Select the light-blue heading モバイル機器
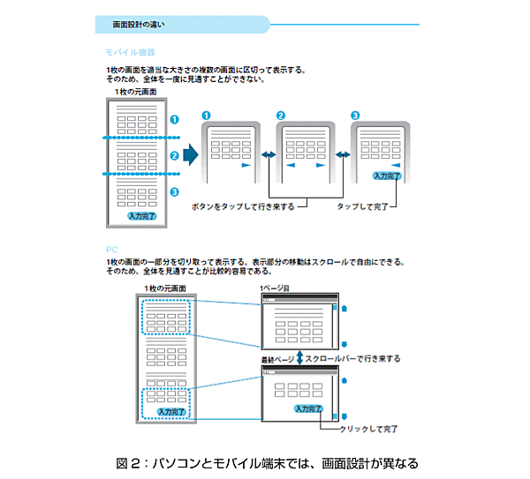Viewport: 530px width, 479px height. pyautogui.click(x=124, y=53)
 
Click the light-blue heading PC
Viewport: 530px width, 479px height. pyautogui.click(x=110, y=250)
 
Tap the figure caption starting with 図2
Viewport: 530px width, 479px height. pyautogui.click(x=266, y=462)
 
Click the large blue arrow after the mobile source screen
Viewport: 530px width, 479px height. pyautogui.click(x=190, y=155)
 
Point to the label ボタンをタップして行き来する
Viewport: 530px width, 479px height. pyautogui.click(x=242, y=206)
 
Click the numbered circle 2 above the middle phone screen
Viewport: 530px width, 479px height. pyautogui.click(x=280, y=116)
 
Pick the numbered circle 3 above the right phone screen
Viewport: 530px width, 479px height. pyautogui.click(x=355, y=116)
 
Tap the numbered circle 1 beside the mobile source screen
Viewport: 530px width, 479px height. pyautogui.click(x=175, y=117)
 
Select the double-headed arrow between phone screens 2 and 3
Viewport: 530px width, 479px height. pyautogui.click(x=344, y=156)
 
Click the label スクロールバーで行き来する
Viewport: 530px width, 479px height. pyautogui.click(x=353, y=358)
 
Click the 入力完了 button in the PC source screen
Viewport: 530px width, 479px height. pyautogui.click(x=171, y=411)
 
